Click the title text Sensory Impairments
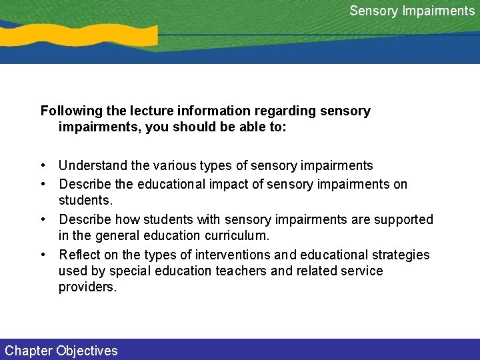(x=412, y=11)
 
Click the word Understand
(x=90, y=165)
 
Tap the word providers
(x=87, y=287)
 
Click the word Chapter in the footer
(x=28, y=351)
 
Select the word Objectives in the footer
(x=87, y=351)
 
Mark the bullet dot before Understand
(x=43, y=165)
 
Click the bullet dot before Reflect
(x=43, y=255)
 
